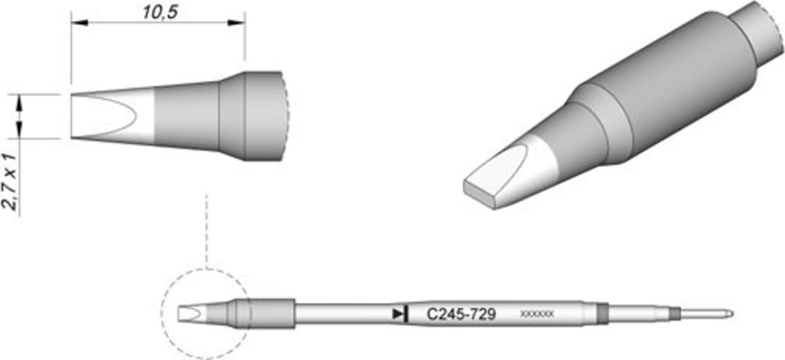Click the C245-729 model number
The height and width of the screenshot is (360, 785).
tap(461, 315)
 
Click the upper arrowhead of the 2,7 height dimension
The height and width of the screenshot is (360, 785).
tap(20, 101)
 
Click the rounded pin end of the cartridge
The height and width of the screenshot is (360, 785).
tap(729, 314)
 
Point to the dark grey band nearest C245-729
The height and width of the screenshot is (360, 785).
tap(602, 314)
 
